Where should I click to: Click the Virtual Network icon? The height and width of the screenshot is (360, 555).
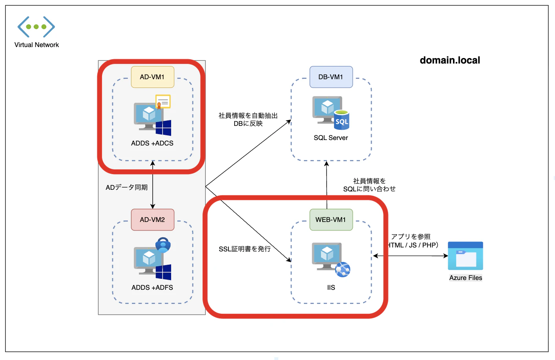tap(36, 27)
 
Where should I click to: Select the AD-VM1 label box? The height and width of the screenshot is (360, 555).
tap(152, 77)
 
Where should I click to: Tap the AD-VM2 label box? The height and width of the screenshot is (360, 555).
tap(152, 220)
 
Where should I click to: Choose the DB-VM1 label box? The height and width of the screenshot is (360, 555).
tap(331, 77)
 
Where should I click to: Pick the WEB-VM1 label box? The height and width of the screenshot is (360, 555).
tap(331, 220)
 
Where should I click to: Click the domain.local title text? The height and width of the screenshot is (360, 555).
tap(450, 60)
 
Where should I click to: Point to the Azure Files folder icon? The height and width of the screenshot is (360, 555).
tap(465, 256)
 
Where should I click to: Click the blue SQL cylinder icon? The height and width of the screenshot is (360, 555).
tap(341, 120)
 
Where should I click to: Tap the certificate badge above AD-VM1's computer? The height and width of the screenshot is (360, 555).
tap(163, 102)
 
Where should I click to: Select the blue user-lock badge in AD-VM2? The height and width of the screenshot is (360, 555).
tap(163, 245)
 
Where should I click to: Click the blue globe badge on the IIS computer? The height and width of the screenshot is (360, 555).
tap(343, 270)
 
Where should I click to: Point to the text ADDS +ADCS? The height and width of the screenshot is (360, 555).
tap(152, 143)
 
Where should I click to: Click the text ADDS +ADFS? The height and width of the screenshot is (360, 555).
tap(152, 287)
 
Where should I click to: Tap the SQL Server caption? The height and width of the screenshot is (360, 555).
tap(331, 138)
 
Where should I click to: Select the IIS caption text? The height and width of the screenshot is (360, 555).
tap(331, 287)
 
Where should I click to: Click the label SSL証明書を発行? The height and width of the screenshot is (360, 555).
tap(245, 249)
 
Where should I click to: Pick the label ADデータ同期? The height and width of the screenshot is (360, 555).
tap(127, 187)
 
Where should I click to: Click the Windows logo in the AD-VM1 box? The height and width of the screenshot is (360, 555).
tap(163, 128)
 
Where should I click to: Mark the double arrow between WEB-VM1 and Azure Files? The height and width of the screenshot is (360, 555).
tap(410, 256)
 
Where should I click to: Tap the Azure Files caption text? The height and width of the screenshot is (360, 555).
tap(466, 278)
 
